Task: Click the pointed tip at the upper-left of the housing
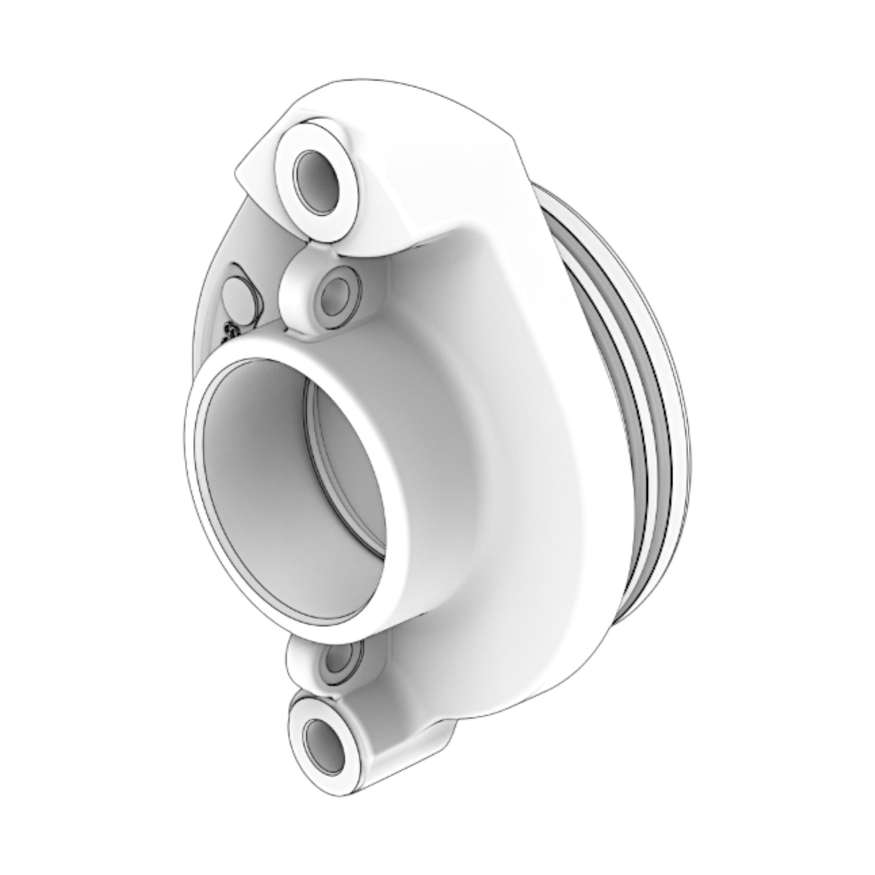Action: (237, 172)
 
